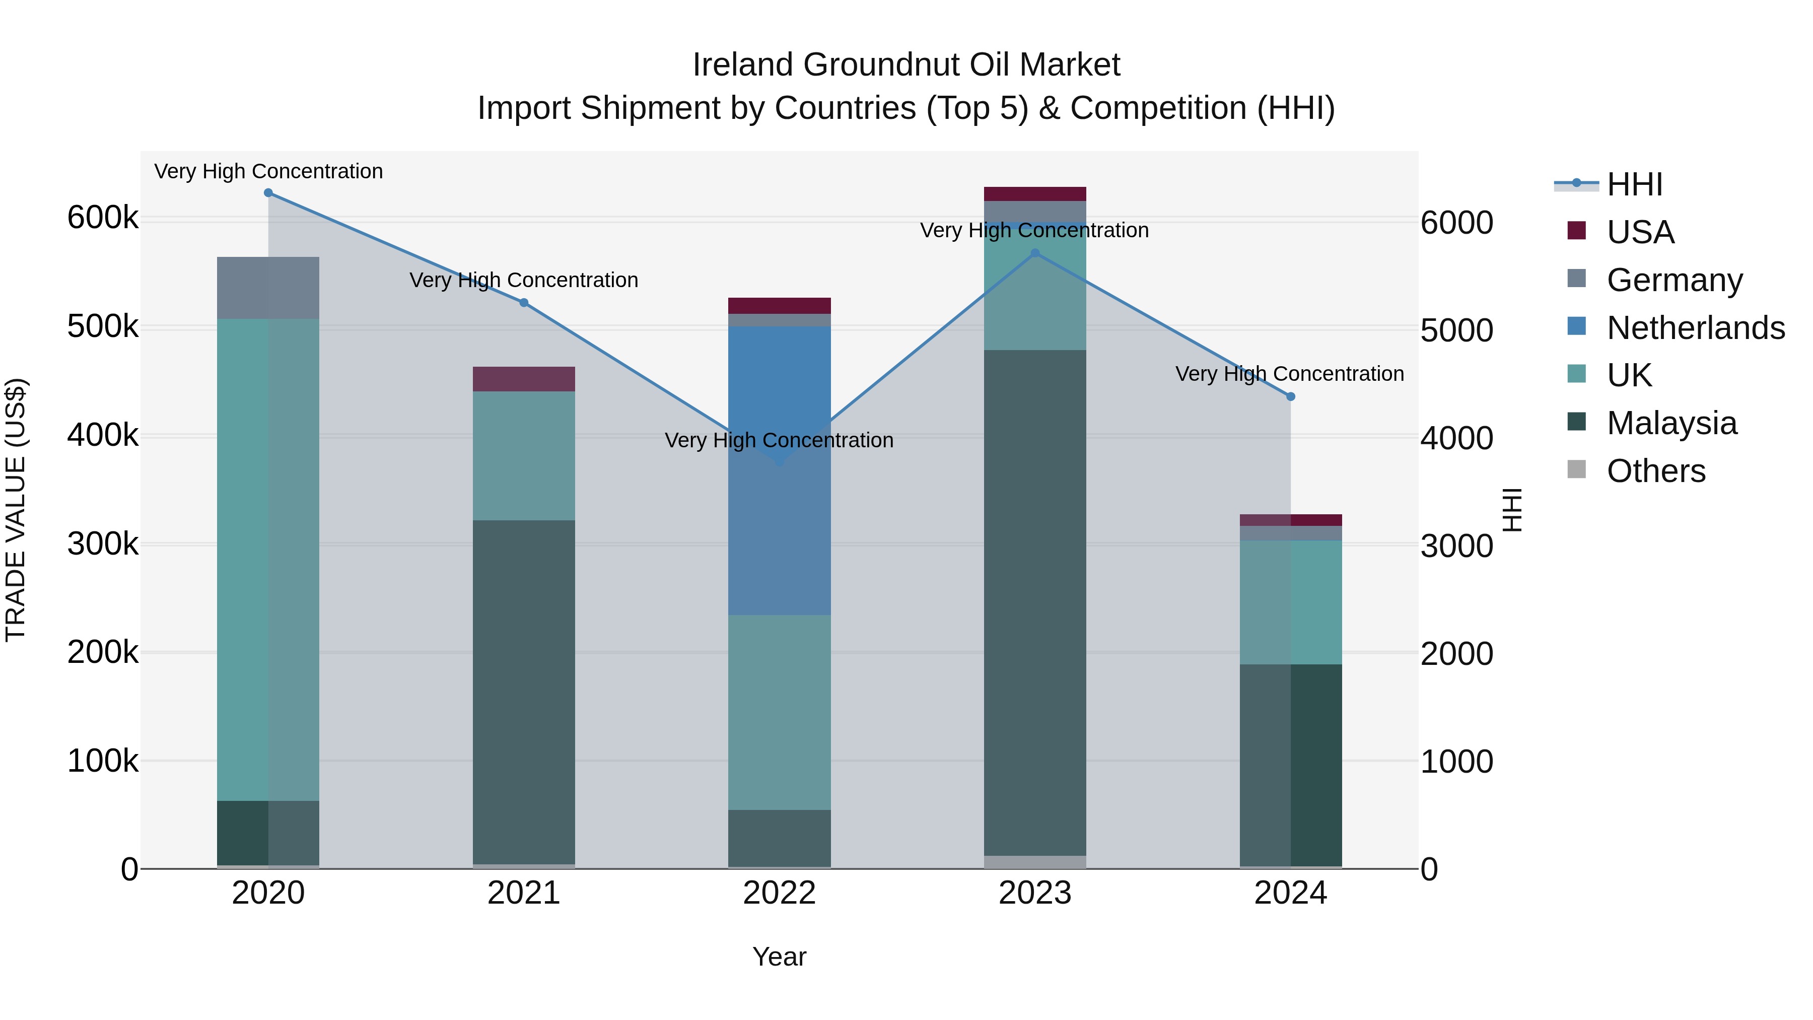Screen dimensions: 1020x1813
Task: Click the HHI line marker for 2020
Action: (268, 193)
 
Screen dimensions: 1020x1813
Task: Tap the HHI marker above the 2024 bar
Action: (1290, 397)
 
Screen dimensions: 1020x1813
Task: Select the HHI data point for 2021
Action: (524, 303)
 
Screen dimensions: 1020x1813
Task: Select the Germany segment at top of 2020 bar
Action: (268, 288)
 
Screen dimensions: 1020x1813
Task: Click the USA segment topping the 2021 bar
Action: (524, 379)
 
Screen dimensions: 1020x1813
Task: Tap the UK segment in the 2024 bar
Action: (1290, 602)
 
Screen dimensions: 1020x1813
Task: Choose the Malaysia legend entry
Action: (1671, 423)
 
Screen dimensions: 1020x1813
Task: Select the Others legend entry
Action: (1656, 471)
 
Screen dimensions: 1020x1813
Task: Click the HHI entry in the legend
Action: (1634, 184)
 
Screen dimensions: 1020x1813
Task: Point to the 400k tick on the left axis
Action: (103, 436)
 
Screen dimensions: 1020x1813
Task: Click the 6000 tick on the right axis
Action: (1456, 223)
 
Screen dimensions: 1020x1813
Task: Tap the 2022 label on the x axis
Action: (779, 893)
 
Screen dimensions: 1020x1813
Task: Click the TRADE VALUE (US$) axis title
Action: (16, 510)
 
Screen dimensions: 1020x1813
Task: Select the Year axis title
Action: (779, 957)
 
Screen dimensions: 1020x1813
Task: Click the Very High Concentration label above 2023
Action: (1034, 230)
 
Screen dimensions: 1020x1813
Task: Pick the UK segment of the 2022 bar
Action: (779, 711)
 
